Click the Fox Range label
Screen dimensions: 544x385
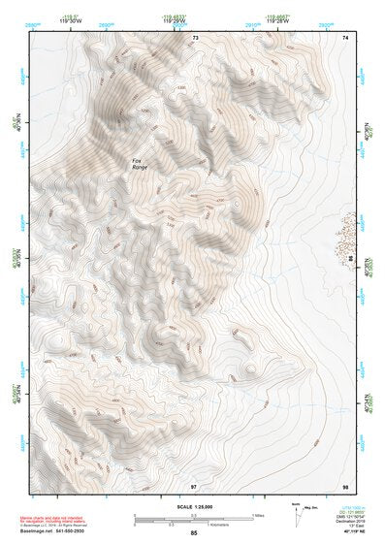tap(143, 165)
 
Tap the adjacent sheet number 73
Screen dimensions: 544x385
tap(194, 38)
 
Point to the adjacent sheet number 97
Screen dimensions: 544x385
tap(194, 485)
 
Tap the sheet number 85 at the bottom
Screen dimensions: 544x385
tap(194, 533)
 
